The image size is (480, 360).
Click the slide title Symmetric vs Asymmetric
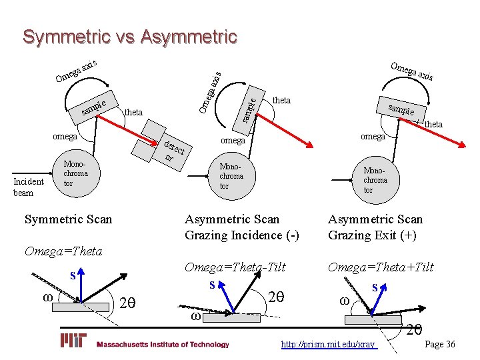129,37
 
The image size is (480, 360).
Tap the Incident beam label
29,187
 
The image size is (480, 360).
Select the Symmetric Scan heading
68,219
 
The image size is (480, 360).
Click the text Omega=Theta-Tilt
235,267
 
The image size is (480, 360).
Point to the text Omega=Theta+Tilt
380,267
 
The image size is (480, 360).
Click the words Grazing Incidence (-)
242,235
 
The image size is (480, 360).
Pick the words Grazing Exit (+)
372,235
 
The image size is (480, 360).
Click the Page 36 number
440,344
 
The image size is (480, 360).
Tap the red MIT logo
74,341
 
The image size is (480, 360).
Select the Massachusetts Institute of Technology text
163,345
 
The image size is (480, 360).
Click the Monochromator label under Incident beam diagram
75,173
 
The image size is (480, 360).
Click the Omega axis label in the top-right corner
412,71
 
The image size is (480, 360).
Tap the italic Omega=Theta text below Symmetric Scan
63,251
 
